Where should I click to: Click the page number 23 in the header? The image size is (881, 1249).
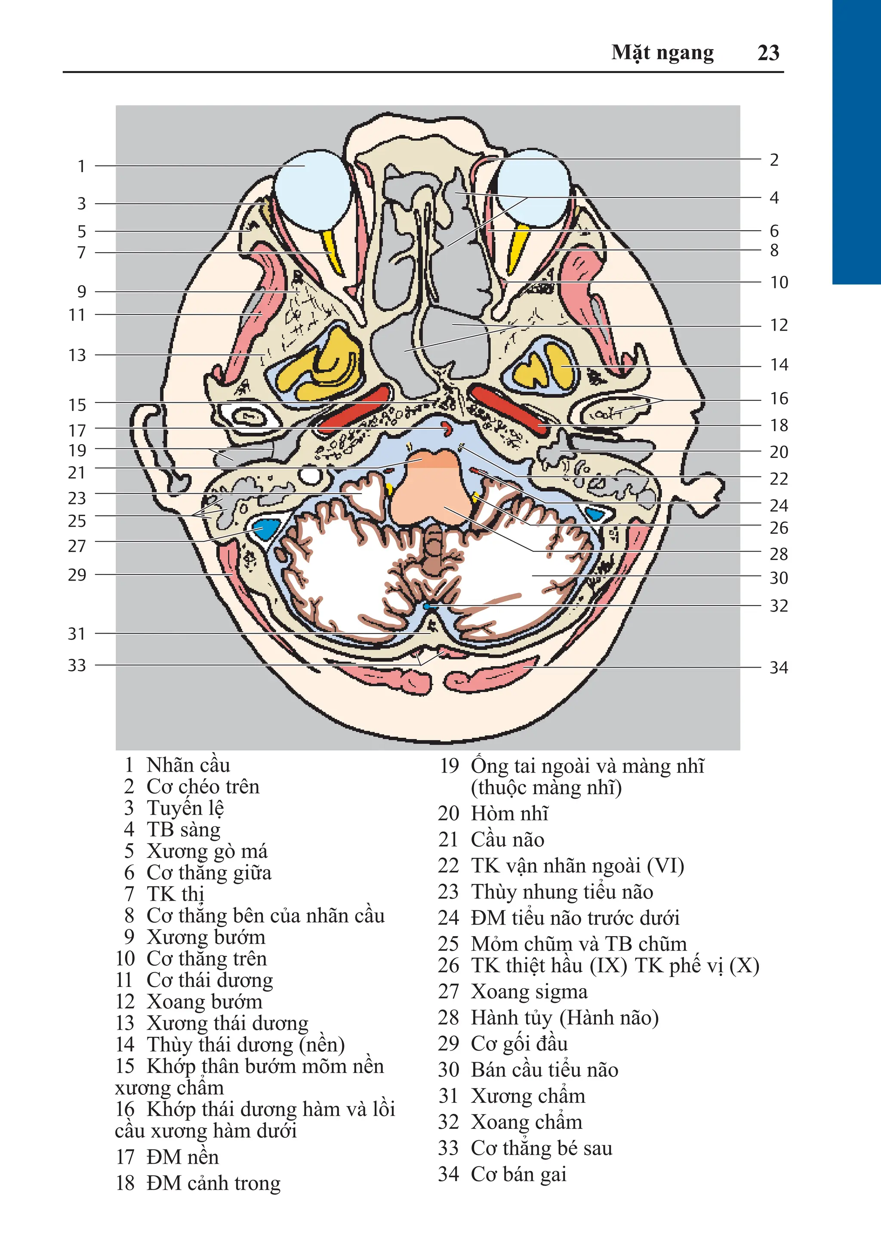(768, 53)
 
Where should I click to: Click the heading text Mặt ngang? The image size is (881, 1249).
(662, 53)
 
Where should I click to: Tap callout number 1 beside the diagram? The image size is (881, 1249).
(82, 166)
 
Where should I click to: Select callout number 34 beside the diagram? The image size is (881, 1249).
(778, 668)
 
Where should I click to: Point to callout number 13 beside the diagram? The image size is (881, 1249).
(77, 355)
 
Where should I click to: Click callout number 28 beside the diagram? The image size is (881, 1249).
(778, 554)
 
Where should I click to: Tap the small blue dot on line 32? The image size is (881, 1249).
(426, 606)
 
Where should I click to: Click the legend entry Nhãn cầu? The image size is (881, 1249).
(188, 765)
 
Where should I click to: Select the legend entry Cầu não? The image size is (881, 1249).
(507, 839)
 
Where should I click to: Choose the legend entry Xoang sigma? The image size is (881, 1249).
(529, 991)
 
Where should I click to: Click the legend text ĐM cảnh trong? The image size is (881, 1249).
(213, 1183)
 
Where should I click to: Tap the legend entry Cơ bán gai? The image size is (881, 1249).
(518, 1174)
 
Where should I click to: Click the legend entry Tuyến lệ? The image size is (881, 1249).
(185, 808)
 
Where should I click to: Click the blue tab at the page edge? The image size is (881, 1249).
(856, 142)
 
